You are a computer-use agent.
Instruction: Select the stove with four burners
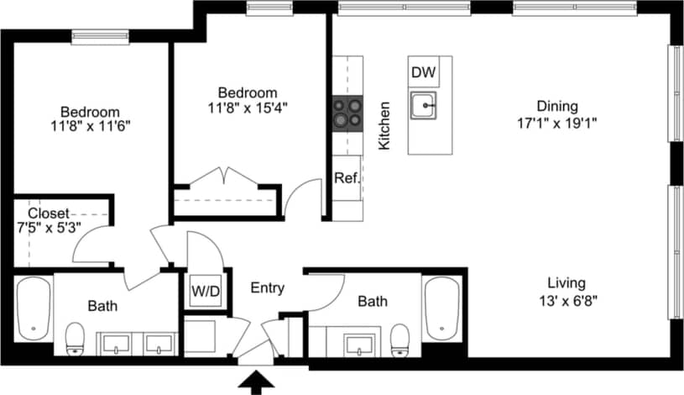coord(347,112)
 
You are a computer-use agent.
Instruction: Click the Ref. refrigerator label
coord(346,178)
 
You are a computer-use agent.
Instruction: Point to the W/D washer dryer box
coord(206,292)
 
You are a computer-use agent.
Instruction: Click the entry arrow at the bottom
coord(256,382)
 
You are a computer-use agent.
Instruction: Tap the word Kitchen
coord(384,126)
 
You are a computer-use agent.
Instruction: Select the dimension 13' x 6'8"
coord(567,298)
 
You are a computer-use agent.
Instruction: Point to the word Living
coord(567,283)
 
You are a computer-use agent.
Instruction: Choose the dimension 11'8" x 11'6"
coord(90,126)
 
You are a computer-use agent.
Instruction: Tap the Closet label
coord(49,213)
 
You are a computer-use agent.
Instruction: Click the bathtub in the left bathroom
coord(34,308)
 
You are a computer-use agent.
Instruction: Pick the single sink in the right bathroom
coord(361,343)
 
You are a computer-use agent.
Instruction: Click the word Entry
coord(268,288)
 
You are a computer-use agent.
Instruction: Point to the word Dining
coord(558,106)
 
